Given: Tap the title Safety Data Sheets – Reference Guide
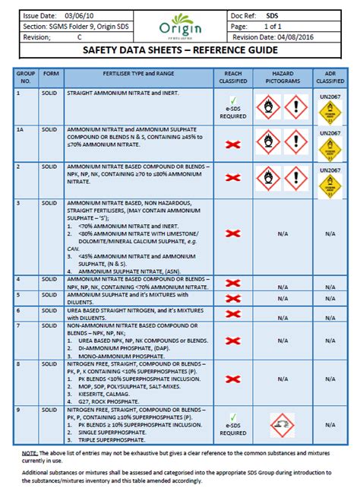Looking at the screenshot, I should point(179,52).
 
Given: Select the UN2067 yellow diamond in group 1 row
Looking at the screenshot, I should point(330,113).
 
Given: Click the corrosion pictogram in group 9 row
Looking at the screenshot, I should point(282,420).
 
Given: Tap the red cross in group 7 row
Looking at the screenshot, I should point(233,335).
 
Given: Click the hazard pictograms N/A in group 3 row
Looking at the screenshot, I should point(282,234).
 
